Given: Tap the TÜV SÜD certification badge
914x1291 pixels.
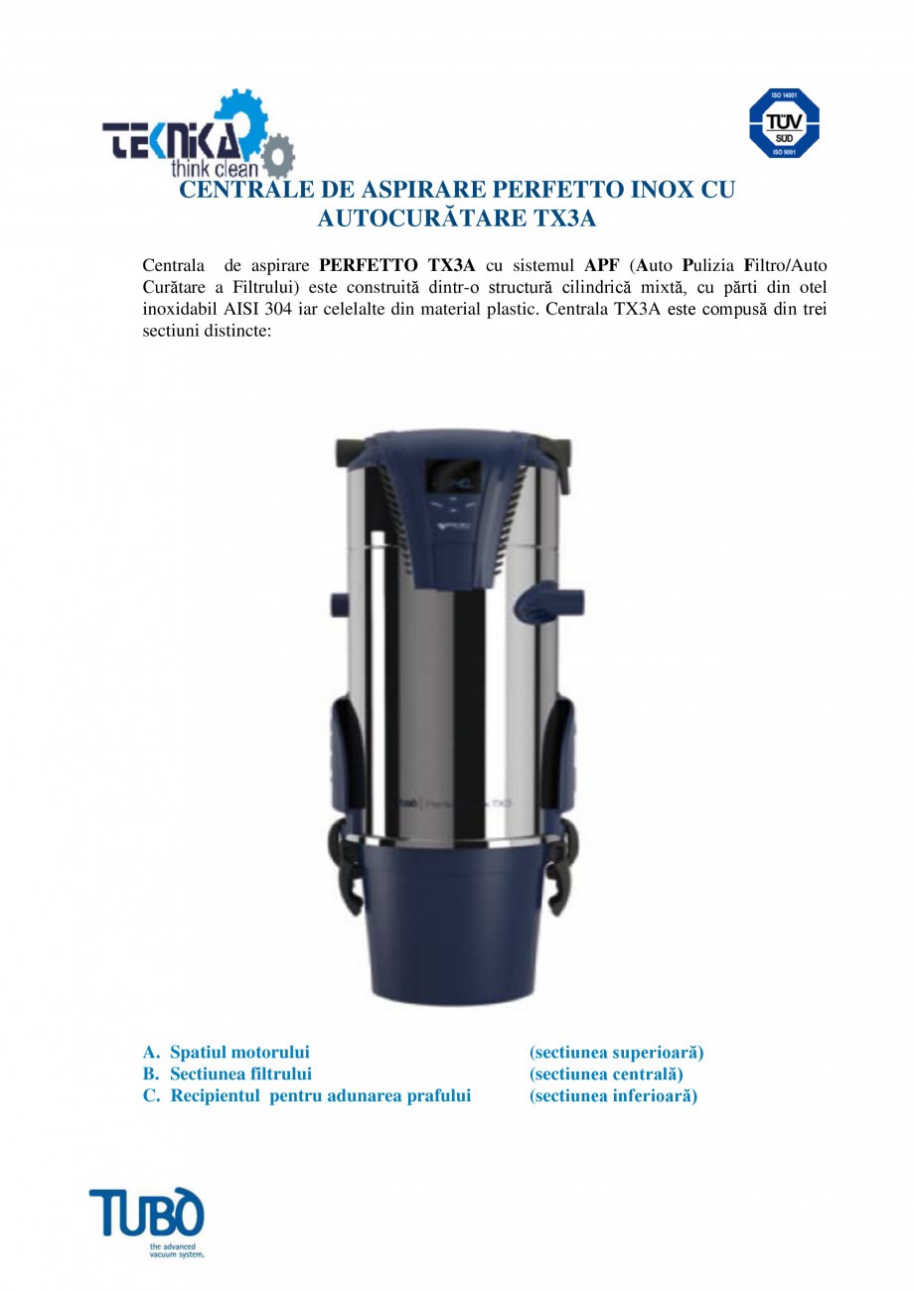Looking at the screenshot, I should point(783,123).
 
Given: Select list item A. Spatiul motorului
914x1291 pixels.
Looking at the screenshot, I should point(227,1052).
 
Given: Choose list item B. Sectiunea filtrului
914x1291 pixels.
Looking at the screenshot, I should point(228,1074).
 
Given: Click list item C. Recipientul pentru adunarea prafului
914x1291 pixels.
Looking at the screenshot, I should point(307,1095).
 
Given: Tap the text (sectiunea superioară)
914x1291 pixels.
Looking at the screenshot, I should point(616,1052).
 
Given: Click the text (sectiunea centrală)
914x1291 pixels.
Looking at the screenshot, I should point(606,1074).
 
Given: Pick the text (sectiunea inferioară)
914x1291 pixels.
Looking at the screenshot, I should point(613,1095).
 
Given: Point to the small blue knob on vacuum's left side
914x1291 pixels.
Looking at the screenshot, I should point(337,604).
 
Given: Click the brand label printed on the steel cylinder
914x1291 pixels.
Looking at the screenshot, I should point(457,799).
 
